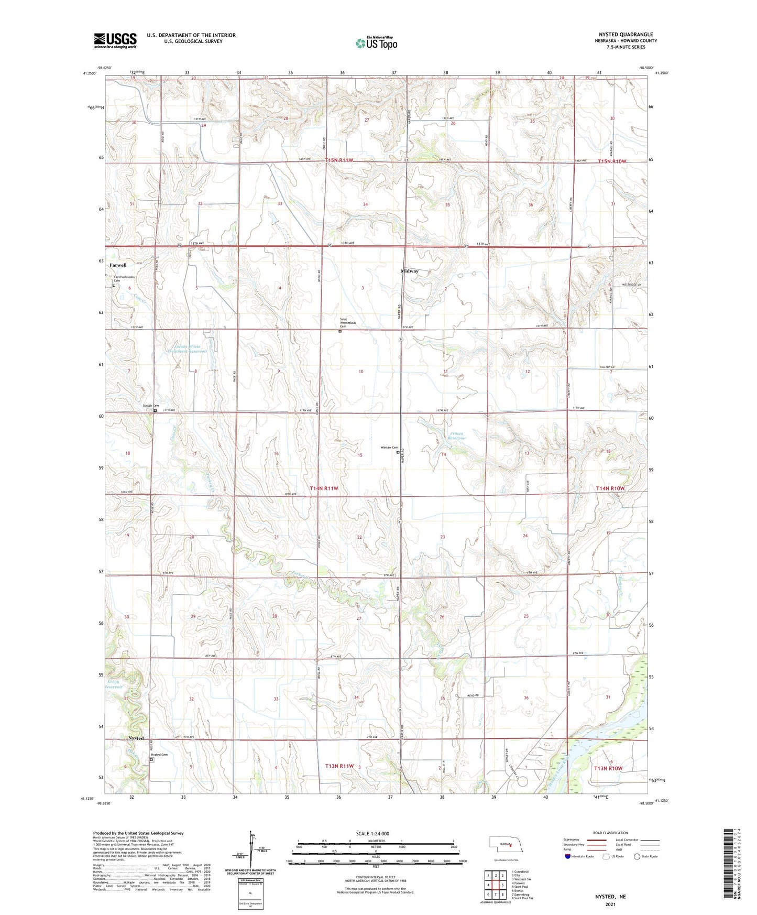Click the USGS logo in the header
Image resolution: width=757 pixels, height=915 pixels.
click(x=115, y=40)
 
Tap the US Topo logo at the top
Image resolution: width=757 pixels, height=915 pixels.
click(x=376, y=42)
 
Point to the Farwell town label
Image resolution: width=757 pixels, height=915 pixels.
click(x=118, y=265)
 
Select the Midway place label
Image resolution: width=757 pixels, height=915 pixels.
click(x=410, y=271)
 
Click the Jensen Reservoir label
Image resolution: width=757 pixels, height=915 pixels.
click(x=457, y=435)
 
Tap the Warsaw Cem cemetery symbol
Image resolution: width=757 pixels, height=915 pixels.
click(x=398, y=452)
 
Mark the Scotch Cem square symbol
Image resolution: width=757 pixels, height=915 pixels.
click(x=155, y=411)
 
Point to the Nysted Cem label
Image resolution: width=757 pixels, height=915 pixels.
click(x=159, y=755)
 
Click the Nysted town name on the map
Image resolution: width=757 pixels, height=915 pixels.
click(x=136, y=738)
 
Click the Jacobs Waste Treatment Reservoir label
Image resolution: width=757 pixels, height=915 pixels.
click(x=184, y=348)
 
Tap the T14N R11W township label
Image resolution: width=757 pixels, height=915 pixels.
click(x=324, y=488)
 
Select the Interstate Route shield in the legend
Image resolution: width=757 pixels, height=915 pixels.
click(x=568, y=856)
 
